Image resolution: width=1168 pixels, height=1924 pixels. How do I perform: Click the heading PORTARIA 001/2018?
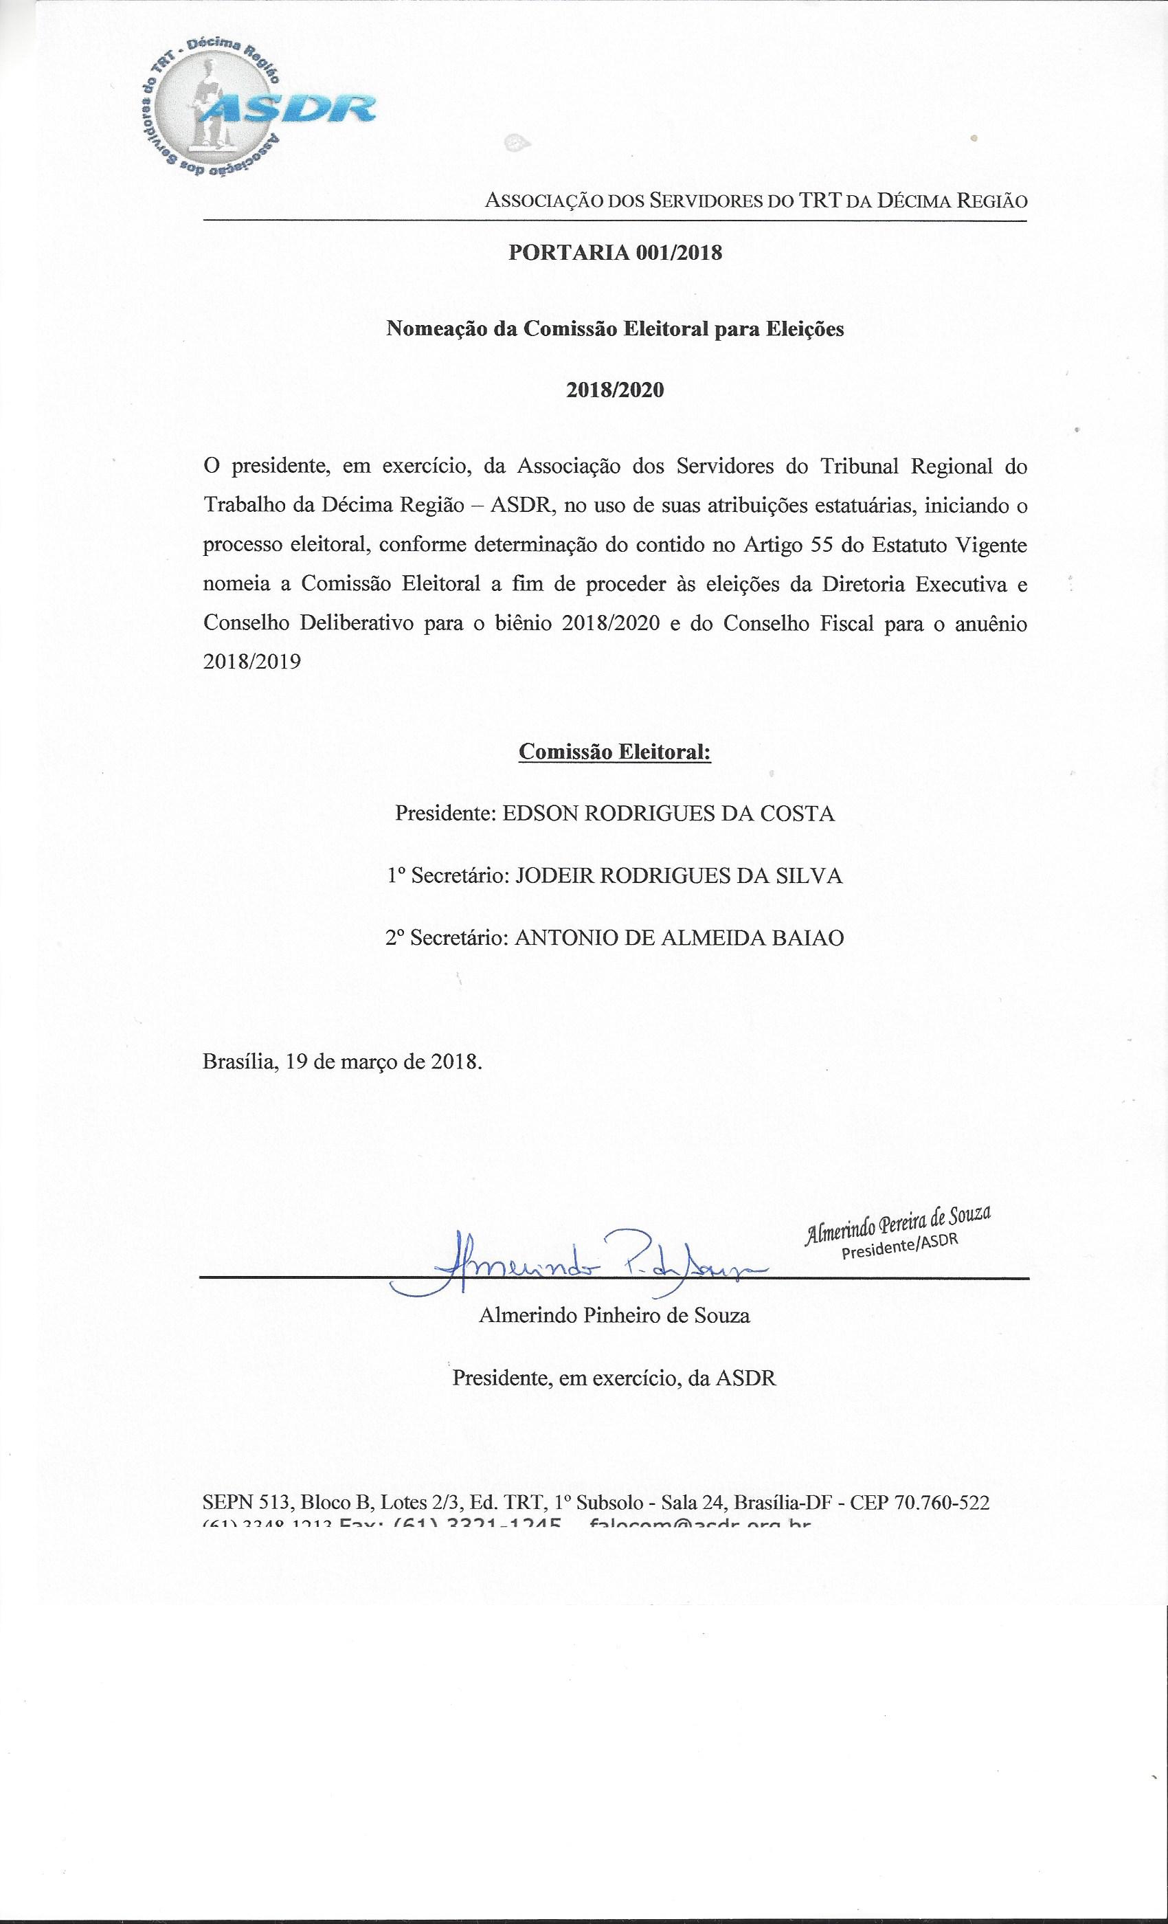(615, 253)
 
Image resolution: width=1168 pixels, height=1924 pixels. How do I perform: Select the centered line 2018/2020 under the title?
(615, 390)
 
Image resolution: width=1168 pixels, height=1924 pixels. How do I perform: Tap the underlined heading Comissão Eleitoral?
(615, 751)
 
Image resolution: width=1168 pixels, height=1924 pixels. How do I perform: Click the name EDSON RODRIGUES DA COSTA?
(669, 814)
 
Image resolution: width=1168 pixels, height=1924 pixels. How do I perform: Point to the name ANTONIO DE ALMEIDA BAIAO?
(680, 938)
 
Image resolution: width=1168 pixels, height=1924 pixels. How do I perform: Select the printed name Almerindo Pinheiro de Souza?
(614, 1316)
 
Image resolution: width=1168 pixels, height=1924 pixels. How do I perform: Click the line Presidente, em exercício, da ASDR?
(614, 1378)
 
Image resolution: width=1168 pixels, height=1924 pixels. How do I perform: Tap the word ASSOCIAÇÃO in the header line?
(543, 201)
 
